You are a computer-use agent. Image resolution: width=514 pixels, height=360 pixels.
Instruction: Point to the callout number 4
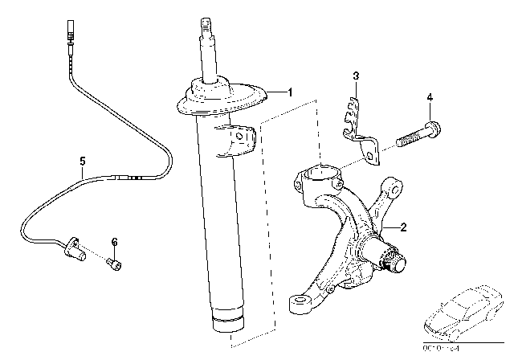point(430,97)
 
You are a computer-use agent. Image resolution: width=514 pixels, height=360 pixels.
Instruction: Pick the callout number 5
point(82,161)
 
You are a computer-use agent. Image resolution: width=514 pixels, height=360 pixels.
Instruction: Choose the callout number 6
point(114,241)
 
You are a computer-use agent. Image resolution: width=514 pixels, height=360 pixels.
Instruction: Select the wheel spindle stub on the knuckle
point(394,260)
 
